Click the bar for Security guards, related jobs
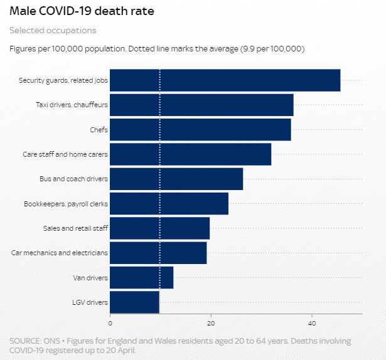(225, 80)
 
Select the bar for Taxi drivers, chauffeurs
(201, 105)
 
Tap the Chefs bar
(200, 130)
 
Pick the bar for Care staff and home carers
(190, 154)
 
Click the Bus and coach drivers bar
(176, 179)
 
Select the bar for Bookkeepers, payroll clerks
(169, 204)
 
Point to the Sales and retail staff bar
(159, 228)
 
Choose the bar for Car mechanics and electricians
(158, 253)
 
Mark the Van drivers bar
(141, 277)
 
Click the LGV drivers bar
(134, 302)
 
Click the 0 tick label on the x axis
(110, 323)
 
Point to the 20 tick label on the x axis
(211, 323)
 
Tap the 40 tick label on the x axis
(311, 323)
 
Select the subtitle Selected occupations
(53, 30)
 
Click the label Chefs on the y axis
(99, 130)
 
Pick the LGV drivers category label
(91, 302)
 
